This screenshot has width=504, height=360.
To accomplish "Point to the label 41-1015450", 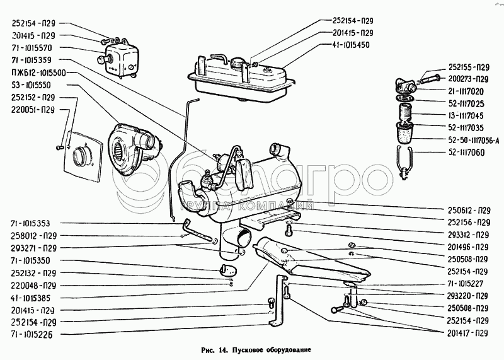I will point(352,45).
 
